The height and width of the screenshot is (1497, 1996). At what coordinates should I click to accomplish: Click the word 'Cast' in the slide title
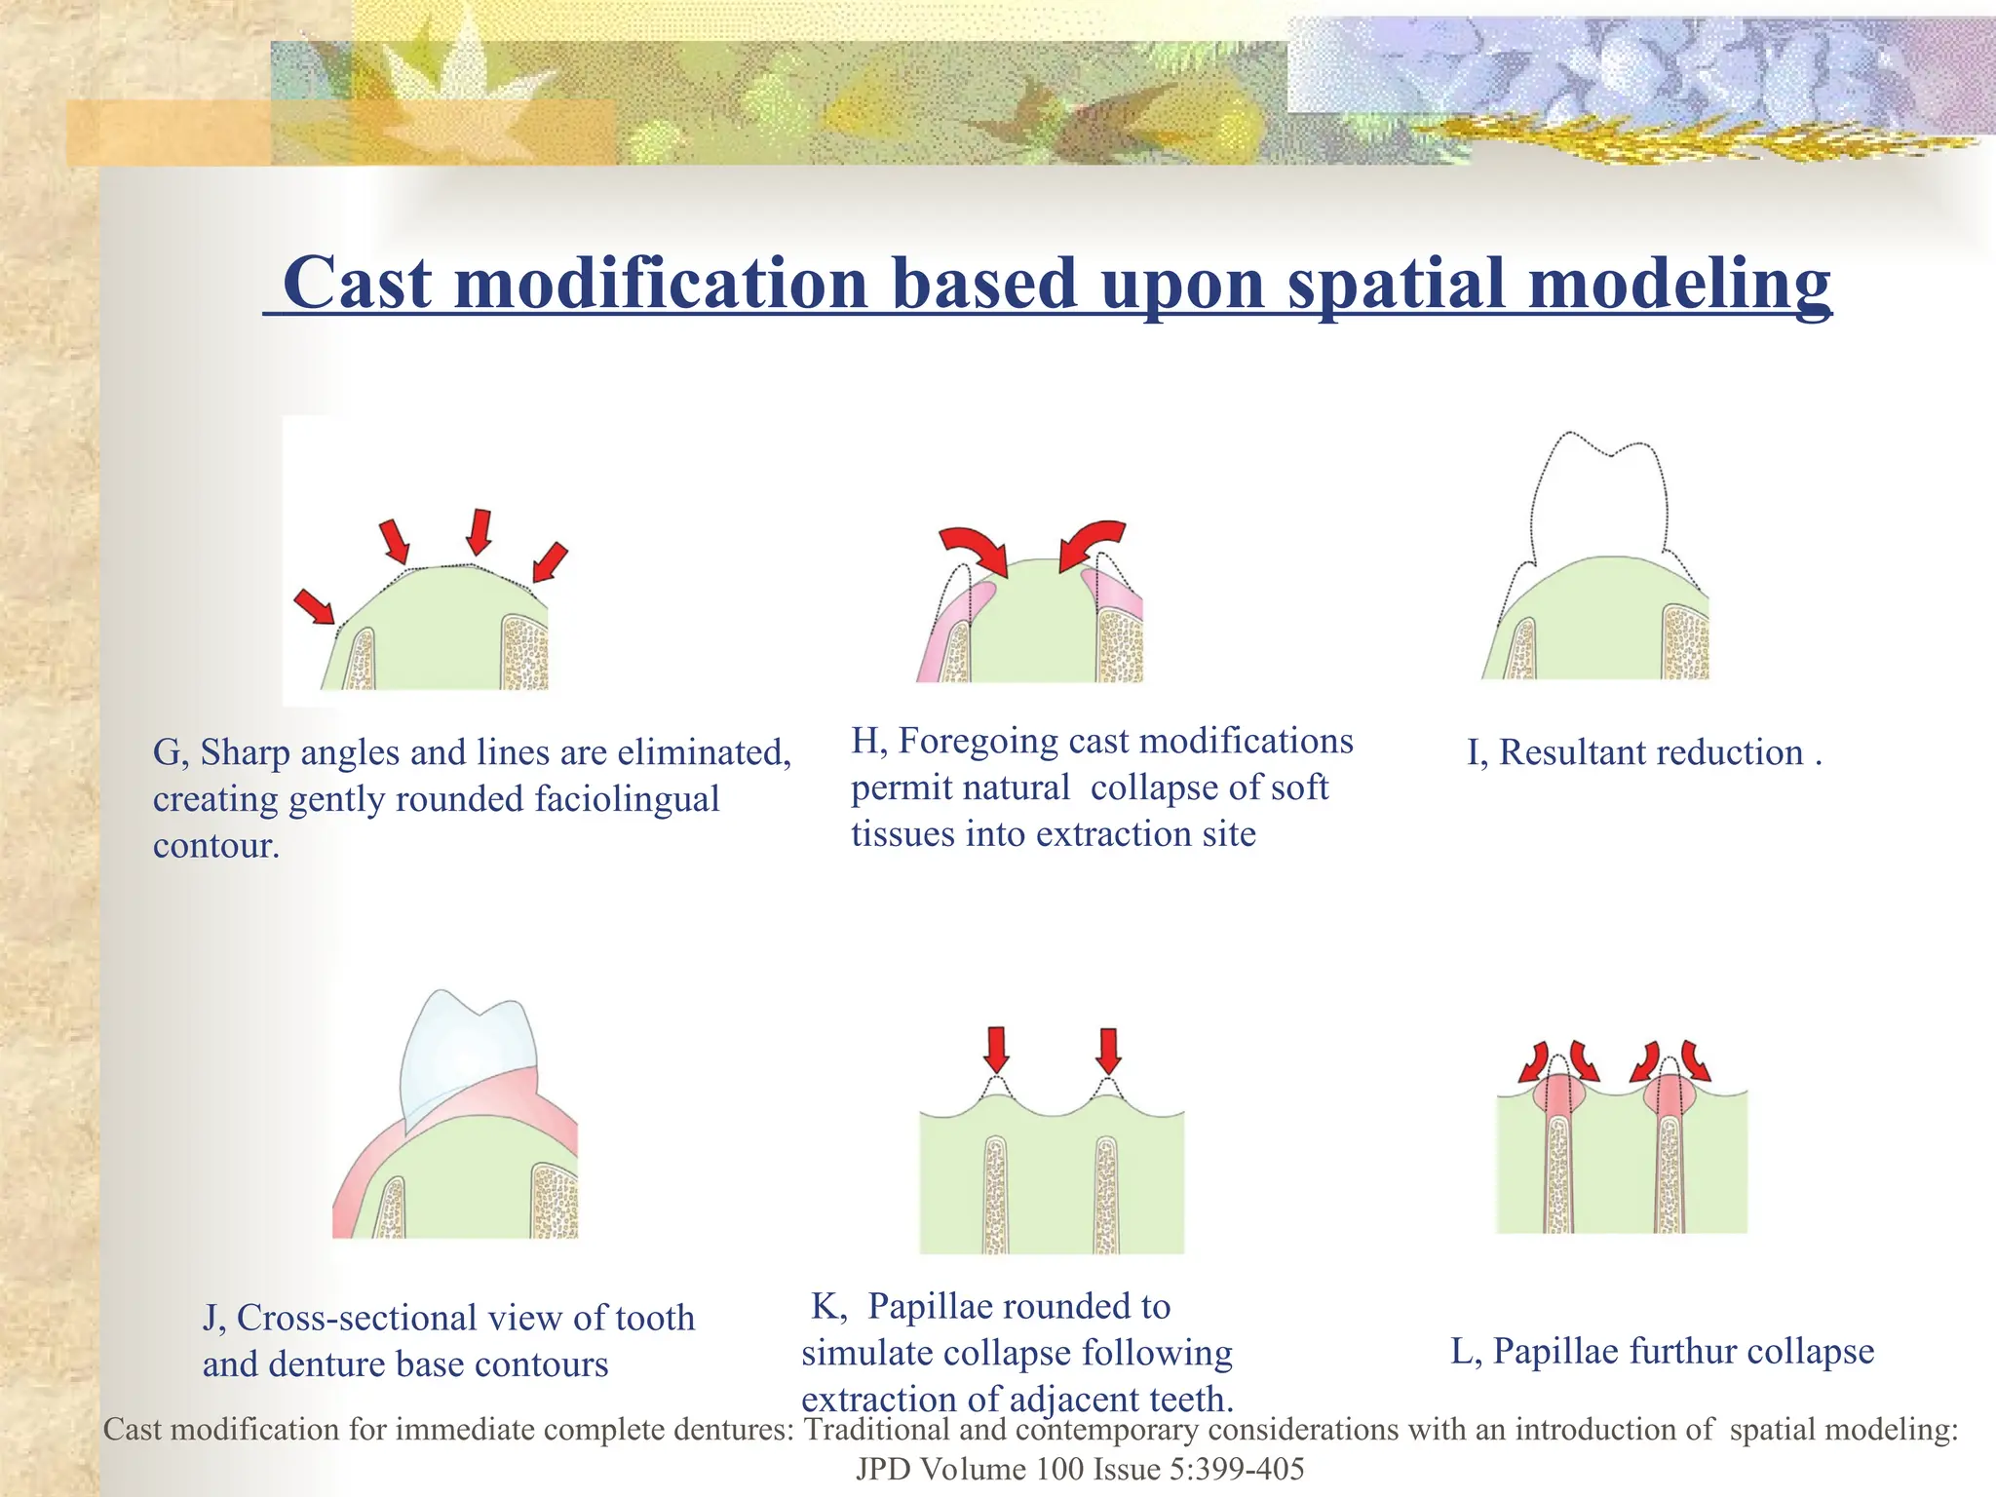[x=357, y=284]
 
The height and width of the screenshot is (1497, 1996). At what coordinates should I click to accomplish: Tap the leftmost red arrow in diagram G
[x=315, y=605]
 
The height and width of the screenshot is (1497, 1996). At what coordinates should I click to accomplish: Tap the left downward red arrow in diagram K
[x=996, y=1050]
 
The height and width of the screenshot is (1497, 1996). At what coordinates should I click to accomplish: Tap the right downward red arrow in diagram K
[x=1108, y=1051]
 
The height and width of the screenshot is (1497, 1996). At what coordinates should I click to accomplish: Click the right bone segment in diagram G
[x=525, y=654]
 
